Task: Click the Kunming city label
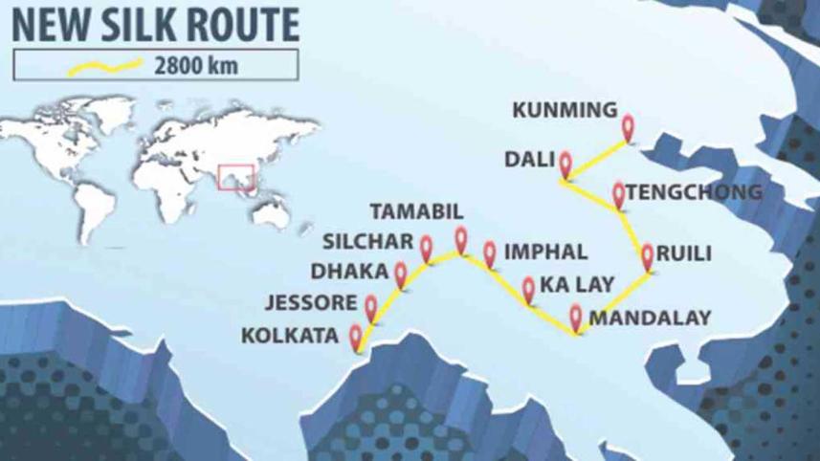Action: tap(565, 110)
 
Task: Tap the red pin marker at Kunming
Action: tap(629, 125)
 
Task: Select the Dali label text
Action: tap(529, 159)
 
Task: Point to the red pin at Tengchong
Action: tap(619, 192)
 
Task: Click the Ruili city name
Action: tap(686, 256)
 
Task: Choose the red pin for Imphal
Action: tap(490, 252)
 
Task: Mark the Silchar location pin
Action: tap(427, 247)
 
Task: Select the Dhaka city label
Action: tap(356, 272)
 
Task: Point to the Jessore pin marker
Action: tap(371, 305)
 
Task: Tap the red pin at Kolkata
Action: tap(357, 336)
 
